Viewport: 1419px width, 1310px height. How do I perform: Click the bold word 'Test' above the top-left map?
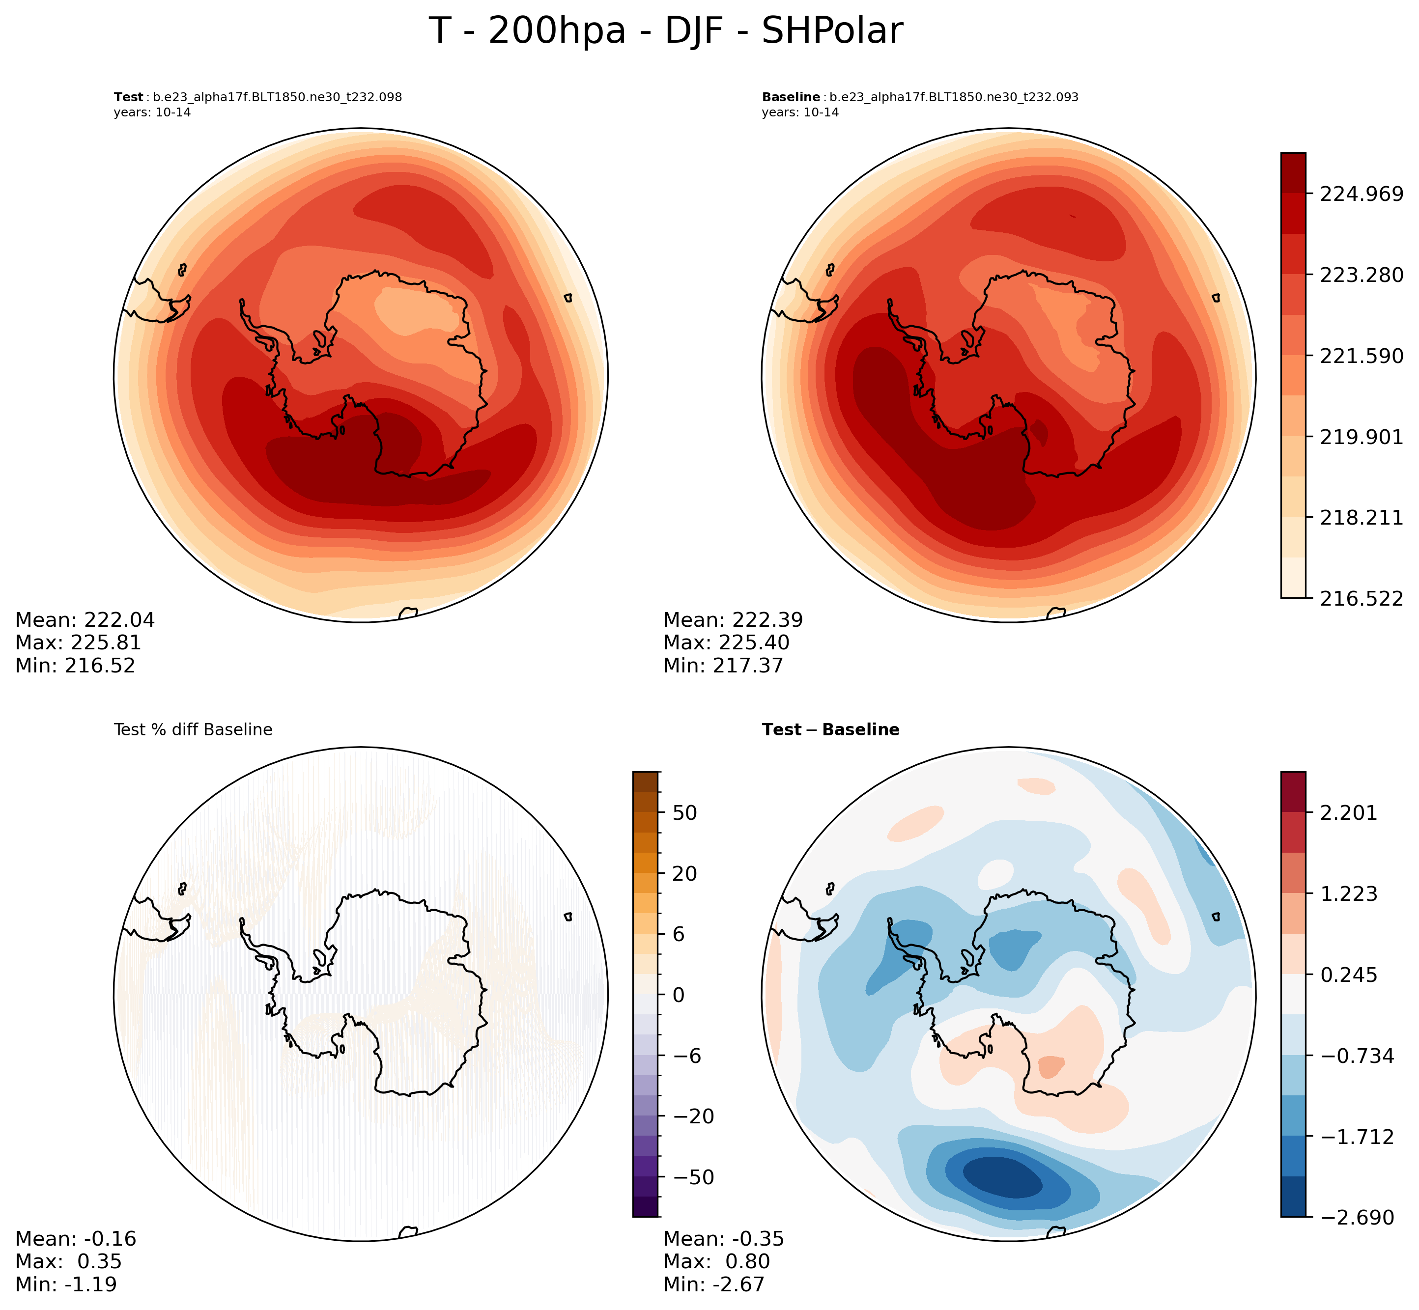[x=128, y=97]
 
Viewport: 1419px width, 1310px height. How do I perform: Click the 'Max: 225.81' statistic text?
[x=78, y=643]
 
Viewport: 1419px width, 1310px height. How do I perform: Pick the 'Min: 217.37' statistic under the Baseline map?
[x=723, y=666]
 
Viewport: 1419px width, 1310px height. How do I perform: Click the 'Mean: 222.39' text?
[x=733, y=620]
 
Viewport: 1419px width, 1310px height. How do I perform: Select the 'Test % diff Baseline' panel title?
[x=193, y=730]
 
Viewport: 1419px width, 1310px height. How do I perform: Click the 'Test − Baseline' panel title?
[x=830, y=730]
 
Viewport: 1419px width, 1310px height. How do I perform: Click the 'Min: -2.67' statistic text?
[x=713, y=1284]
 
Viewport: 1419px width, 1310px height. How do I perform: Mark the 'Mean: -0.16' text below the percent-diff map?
[x=75, y=1239]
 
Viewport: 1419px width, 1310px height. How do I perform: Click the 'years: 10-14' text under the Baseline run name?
[x=800, y=112]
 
